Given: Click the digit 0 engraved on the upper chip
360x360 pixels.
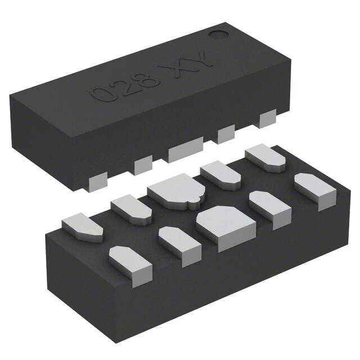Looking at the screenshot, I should (x=102, y=93).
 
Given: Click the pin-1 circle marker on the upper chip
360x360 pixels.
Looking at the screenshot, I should (x=217, y=33).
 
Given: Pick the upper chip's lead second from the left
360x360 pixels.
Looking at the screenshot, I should (x=143, y=165).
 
